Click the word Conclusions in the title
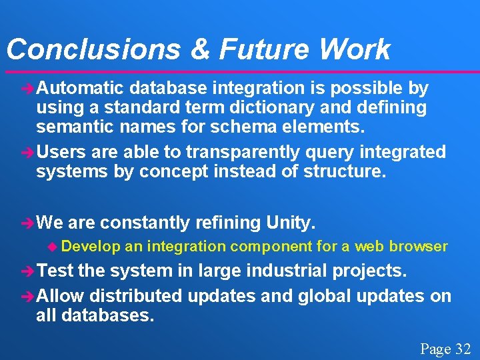93,49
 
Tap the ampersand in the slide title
198,49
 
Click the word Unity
291,221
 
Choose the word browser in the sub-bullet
418,247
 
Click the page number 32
463,349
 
